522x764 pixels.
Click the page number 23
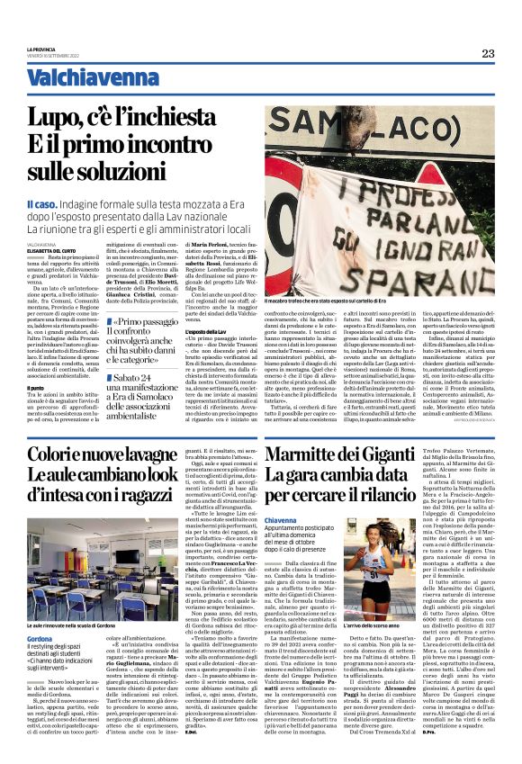click(487, 53)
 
